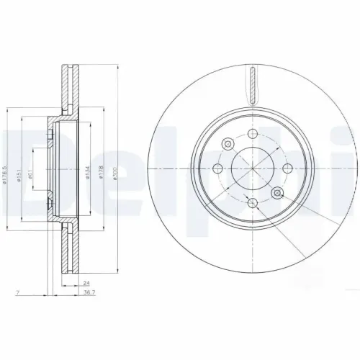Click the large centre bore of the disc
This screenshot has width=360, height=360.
(252, 167)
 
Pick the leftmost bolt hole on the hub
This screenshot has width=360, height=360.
(217, 167)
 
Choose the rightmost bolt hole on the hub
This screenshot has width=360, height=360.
(287, 167)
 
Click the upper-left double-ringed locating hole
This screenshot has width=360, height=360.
(228, 143)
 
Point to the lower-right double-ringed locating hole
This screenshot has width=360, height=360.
(276, 192)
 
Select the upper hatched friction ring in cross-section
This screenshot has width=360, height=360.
(68, 90)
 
